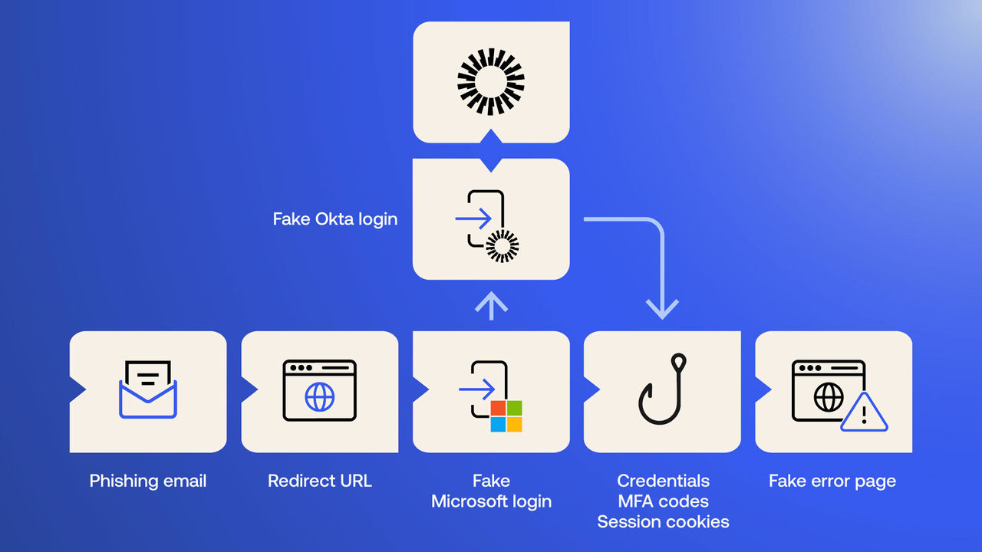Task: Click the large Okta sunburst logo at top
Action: [491, 81]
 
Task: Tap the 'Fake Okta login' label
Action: [335, 219]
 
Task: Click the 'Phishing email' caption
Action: [148, 481]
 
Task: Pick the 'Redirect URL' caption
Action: [320, 481]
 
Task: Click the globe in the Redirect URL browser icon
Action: [320, 397]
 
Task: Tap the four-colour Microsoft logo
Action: [506, 416]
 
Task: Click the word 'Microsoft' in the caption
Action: [491, 501]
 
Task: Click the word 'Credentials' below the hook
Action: [663, 481]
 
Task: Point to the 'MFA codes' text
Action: [663, 501]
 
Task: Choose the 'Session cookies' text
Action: [663, 522]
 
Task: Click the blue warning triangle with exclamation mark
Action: [865, 415]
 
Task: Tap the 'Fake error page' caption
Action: [832, 481]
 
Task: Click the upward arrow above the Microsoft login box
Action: [491, 304]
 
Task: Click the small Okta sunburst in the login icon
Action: [503, 246]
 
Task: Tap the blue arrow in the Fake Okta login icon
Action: [473, 219]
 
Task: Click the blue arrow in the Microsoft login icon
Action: [476, 389]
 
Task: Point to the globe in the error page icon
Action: [829, 397]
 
